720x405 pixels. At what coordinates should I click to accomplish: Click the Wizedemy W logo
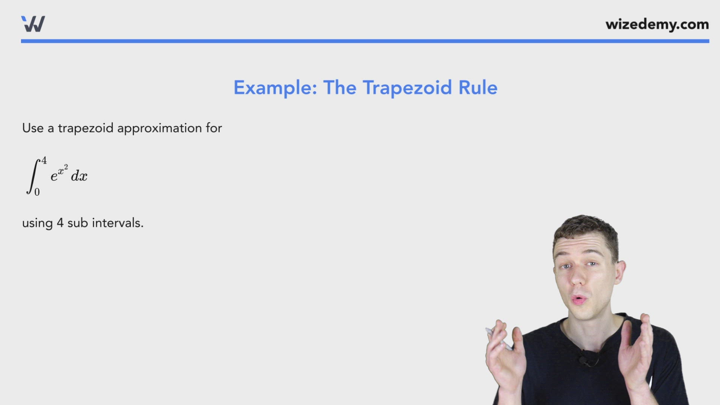[33, 24]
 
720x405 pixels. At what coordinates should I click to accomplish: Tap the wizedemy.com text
[657, 24]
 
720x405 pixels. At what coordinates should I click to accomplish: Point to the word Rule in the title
[478, 88]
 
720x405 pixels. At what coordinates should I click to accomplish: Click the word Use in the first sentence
[33, 128]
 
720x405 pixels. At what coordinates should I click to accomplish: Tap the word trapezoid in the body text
[85, 129]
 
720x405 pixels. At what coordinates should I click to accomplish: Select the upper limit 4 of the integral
[44, 161]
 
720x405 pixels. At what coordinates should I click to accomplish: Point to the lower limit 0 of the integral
[37, 192]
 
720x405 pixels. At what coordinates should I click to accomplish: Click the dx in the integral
[79, 176]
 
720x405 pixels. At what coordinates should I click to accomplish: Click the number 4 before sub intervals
[60, 223]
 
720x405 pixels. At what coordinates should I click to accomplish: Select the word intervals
[117, 223]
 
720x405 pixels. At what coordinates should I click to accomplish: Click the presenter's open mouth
[579, 299]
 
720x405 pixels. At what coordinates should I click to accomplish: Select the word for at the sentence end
[214, 128]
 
